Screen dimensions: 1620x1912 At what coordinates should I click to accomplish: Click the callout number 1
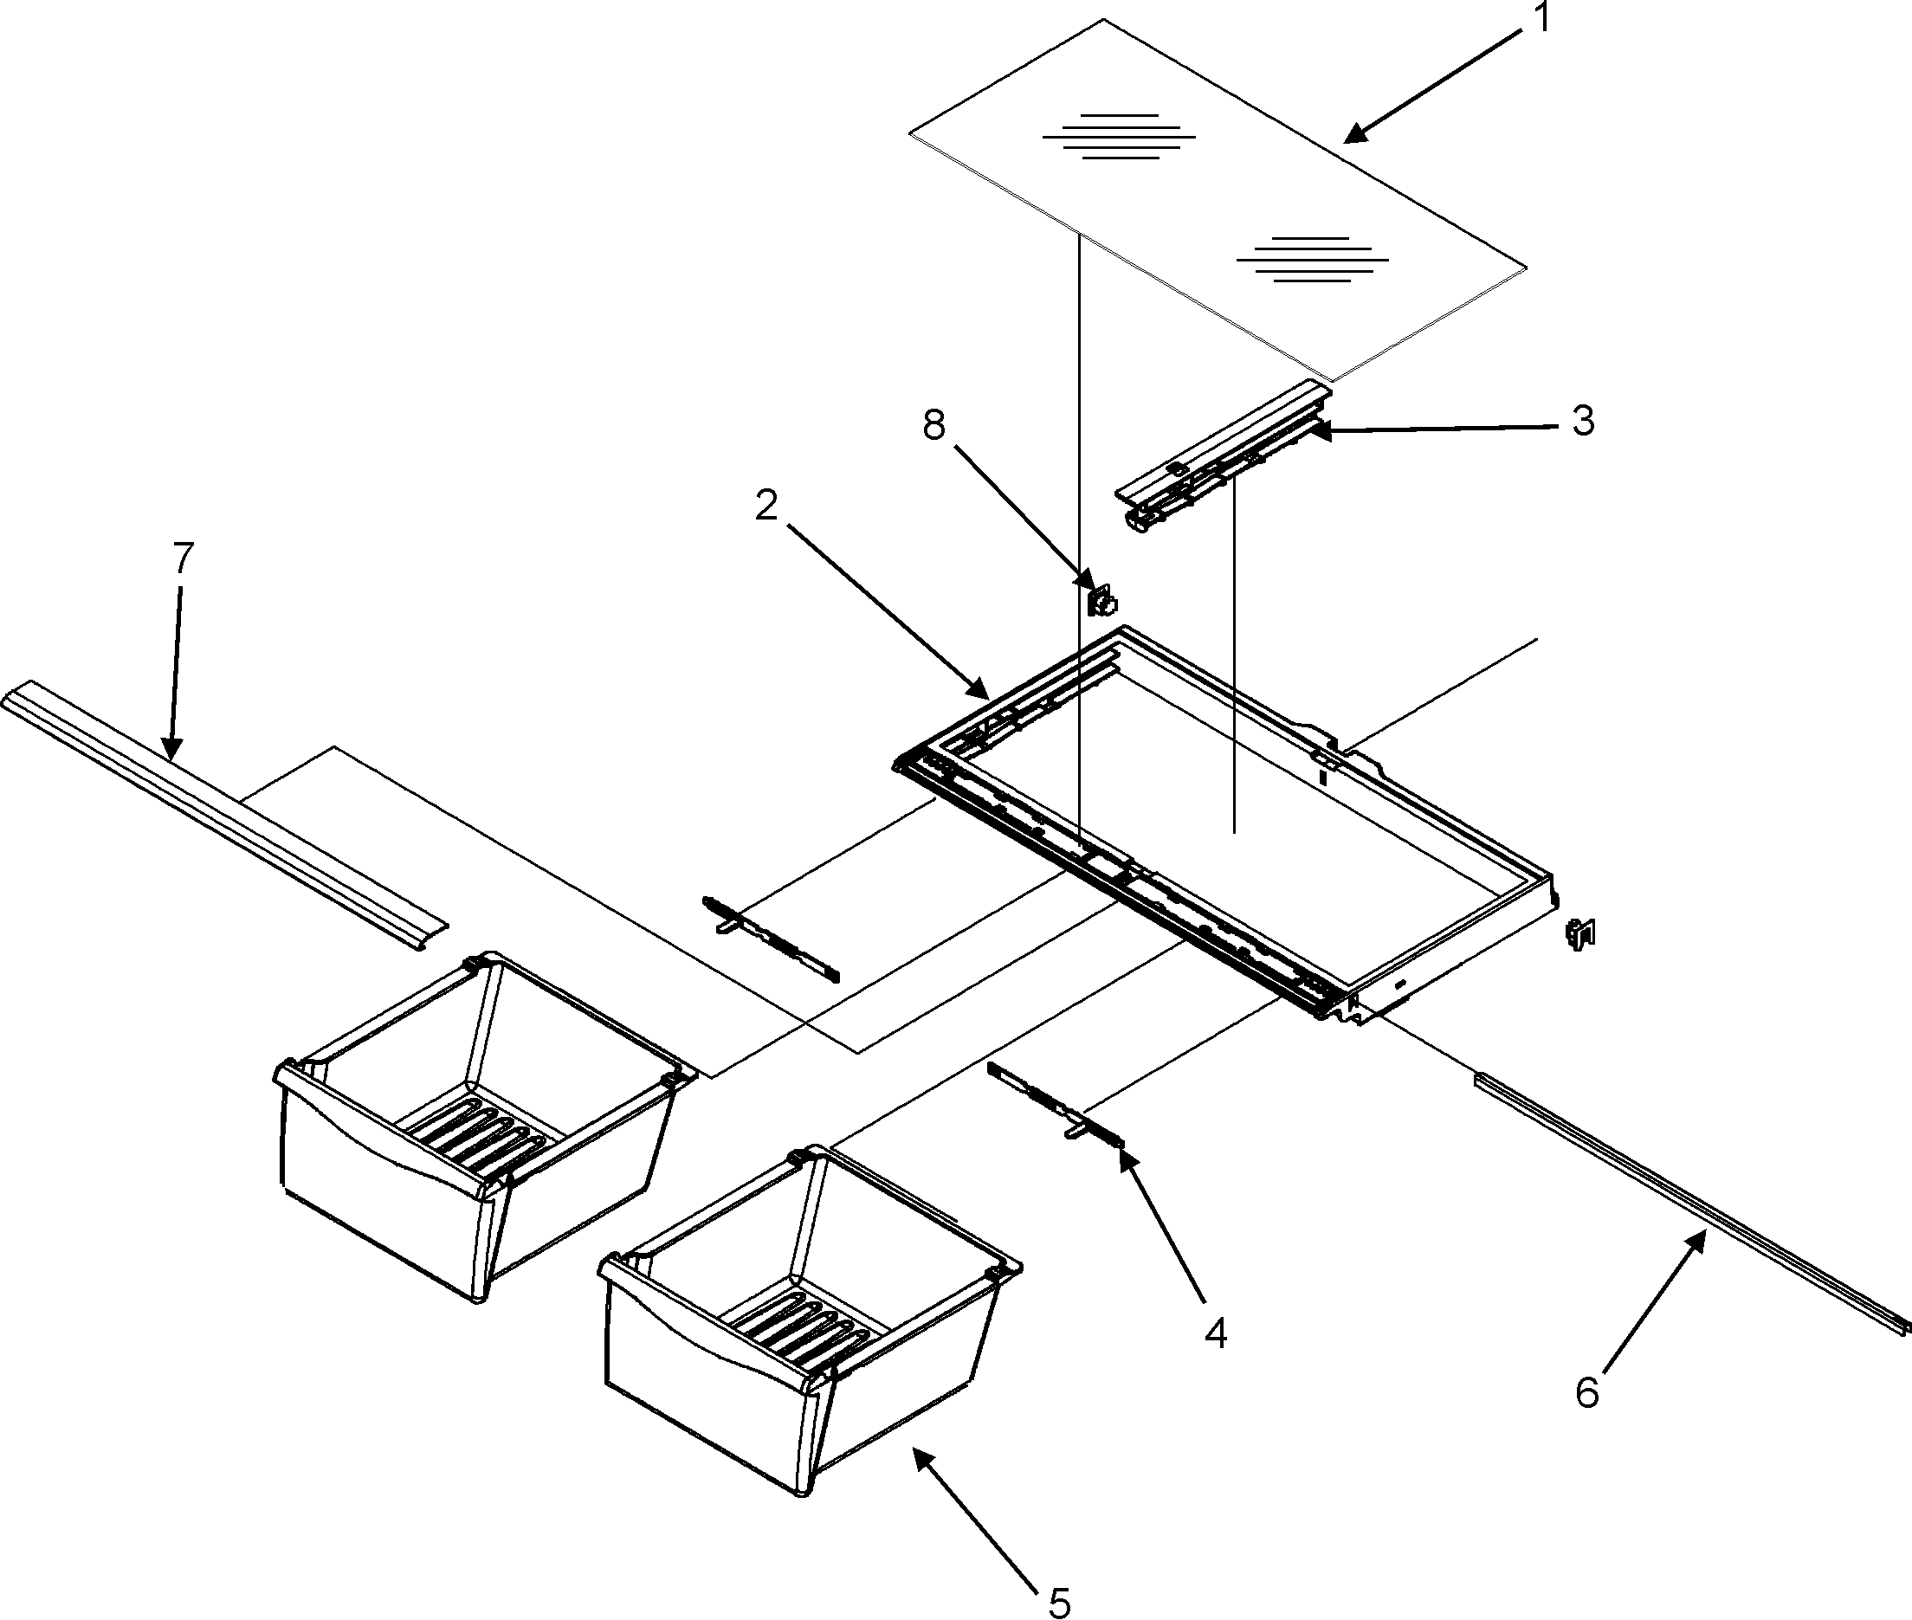coord(1542,18)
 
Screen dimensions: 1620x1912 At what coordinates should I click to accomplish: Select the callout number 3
coord(1582,421)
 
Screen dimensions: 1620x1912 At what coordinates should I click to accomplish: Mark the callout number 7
coord(183,558)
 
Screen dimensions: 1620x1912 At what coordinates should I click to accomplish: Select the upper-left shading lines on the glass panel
coord(1119,137)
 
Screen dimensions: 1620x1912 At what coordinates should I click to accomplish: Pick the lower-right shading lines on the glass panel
coord(1314,260)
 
